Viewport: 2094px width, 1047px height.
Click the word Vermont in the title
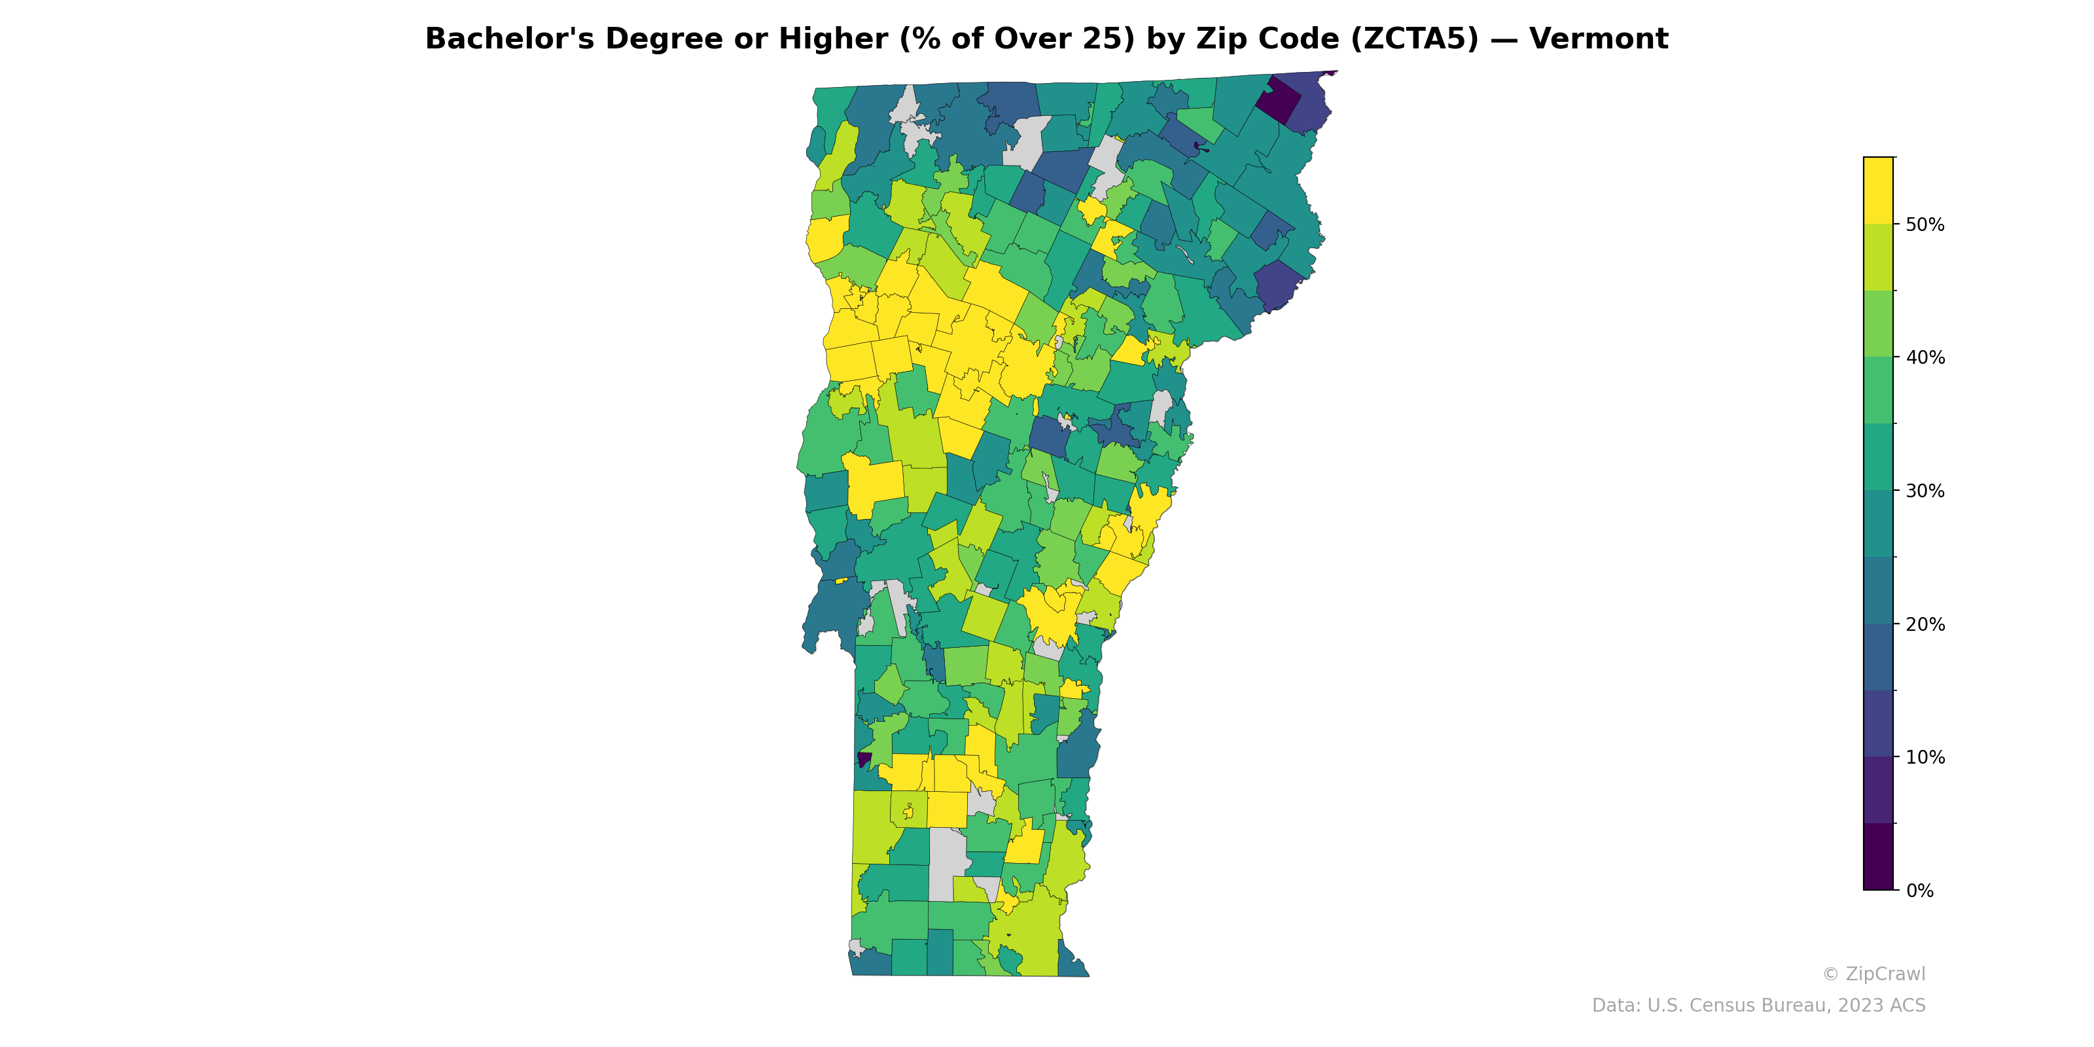[x=1598, y=39]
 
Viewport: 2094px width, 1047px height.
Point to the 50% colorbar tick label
[x=1925, y=225]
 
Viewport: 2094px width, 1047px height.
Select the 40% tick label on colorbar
[x=1925, y=358]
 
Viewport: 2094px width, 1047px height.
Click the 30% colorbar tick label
[x=1925, y=491]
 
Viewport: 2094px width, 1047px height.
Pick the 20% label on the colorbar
[x=1925, y=624]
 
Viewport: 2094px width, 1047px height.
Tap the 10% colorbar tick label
[x=1925, y=758]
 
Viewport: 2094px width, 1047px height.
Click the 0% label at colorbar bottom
[x=1920, y=891]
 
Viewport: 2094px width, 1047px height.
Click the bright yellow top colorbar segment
[x=1878, y=190]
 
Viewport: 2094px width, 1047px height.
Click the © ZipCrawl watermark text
[x=1873, y=974]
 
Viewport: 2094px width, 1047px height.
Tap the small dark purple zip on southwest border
[x=864, y=759]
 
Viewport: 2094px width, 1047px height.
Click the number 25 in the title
[x=1105, y=39]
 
